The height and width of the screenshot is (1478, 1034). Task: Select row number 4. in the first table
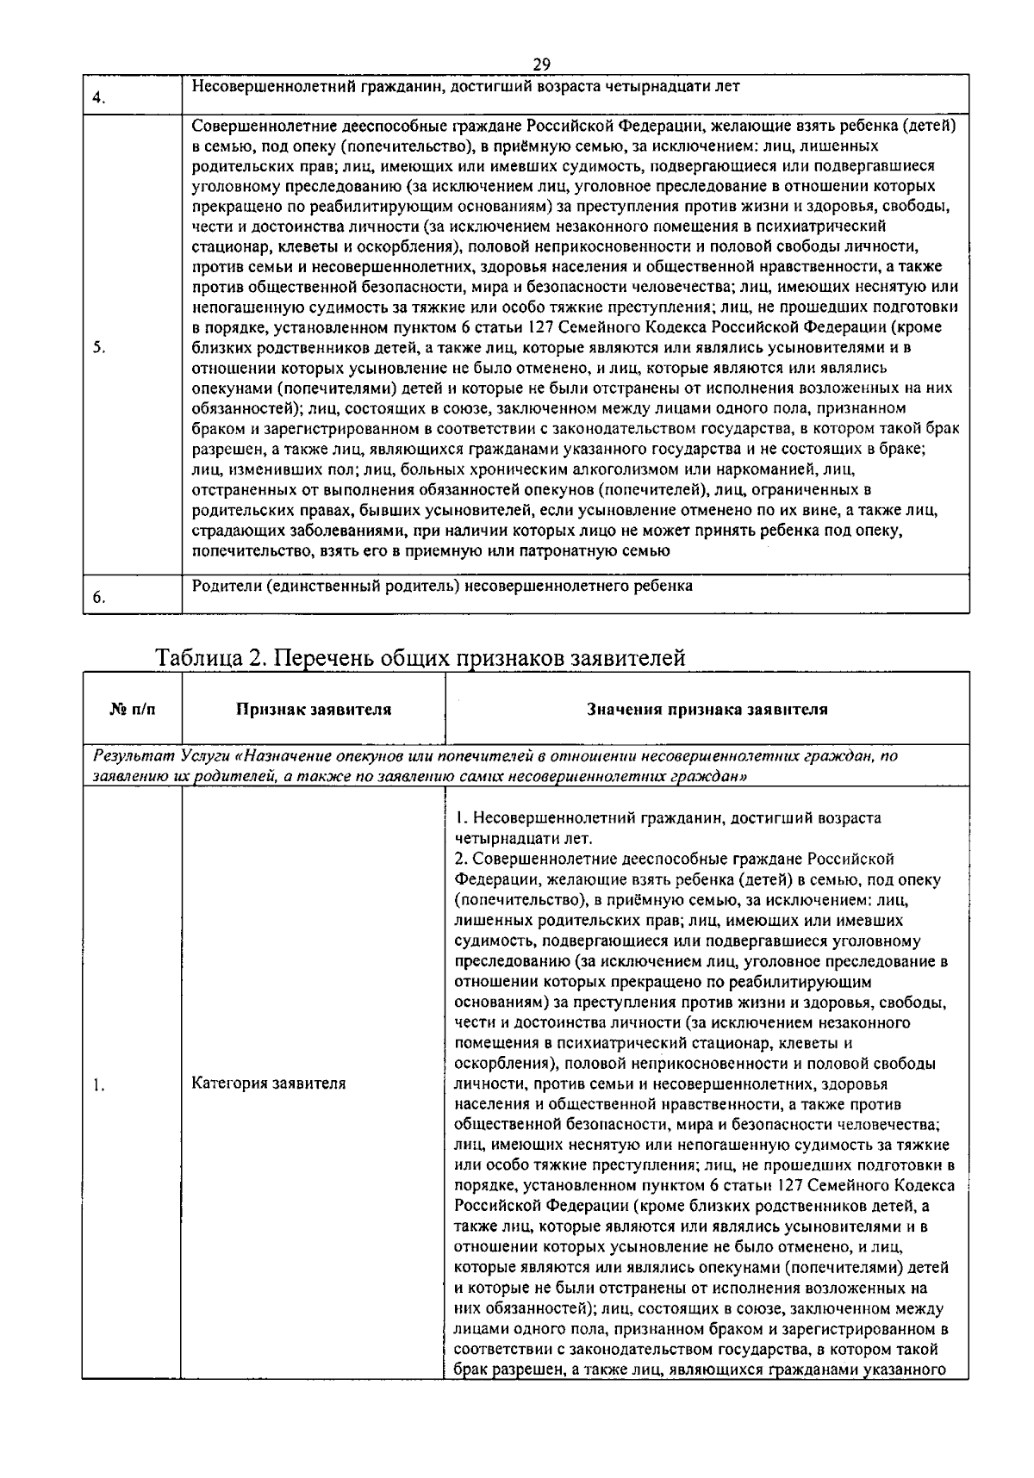pos(99,98)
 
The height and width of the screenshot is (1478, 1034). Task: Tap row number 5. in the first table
pos(99,348)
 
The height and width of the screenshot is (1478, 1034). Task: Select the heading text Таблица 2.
pos(207,658)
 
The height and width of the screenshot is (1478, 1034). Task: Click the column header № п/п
pos(133,710)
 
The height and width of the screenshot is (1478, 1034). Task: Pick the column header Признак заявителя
pos(314,710)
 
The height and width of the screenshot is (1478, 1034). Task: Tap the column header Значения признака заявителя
pos(707,710)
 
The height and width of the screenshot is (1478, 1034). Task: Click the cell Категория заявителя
pos(268,1084)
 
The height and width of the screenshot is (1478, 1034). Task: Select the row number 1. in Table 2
pos(99,1085)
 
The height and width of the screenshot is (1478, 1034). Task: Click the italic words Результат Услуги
pos(163,756)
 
